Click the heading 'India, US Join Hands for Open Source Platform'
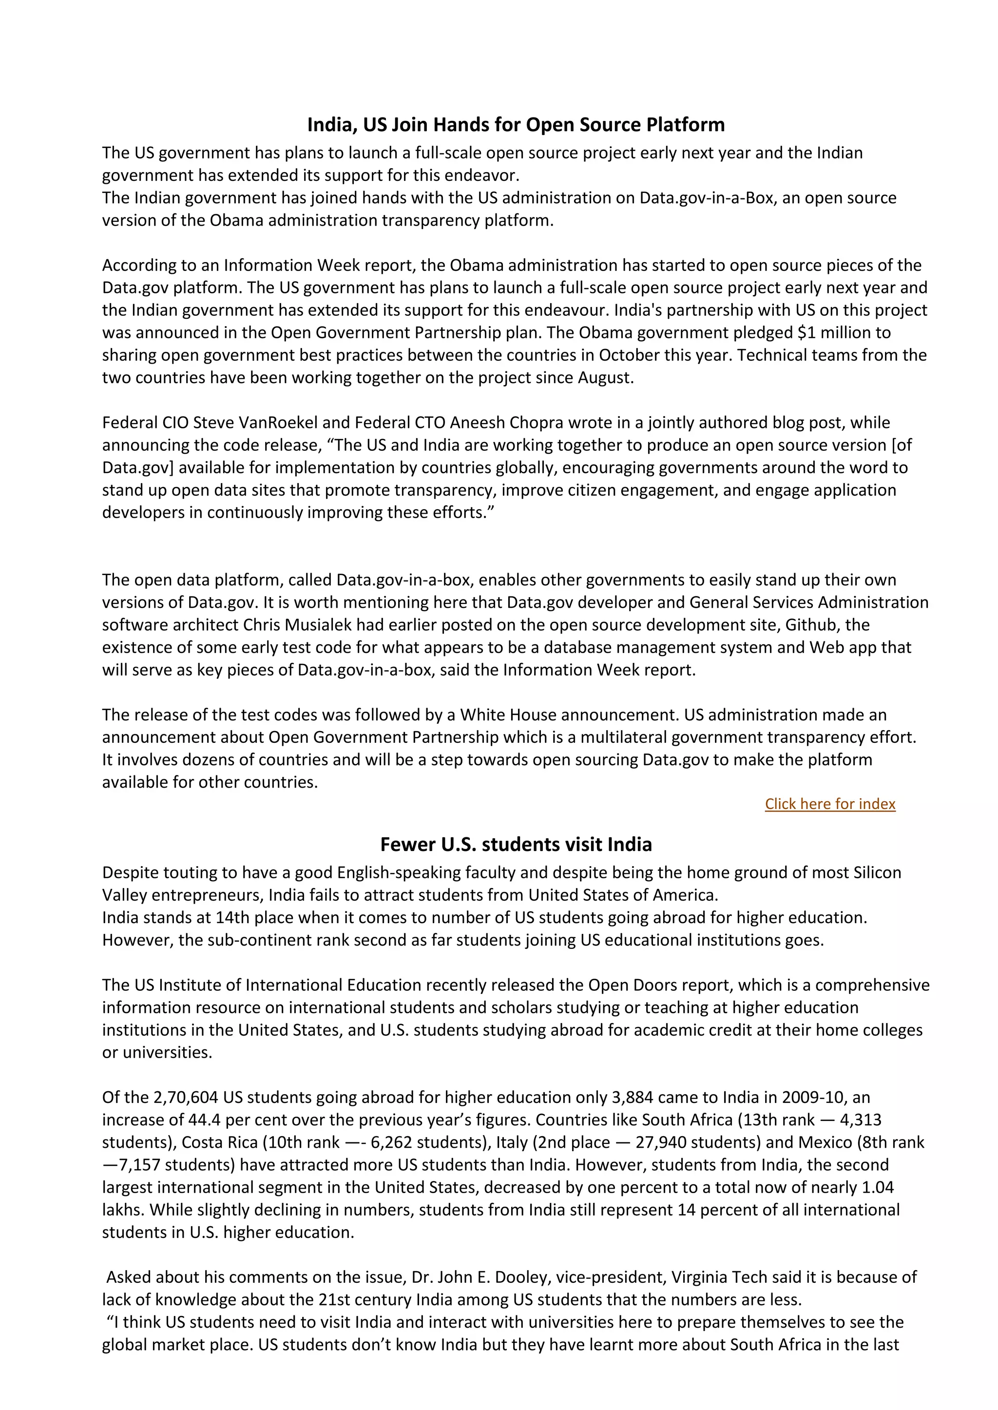coord(516,125)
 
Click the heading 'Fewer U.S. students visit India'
coord(516,845)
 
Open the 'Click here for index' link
coord(829,804)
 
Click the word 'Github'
coord(810,625)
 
